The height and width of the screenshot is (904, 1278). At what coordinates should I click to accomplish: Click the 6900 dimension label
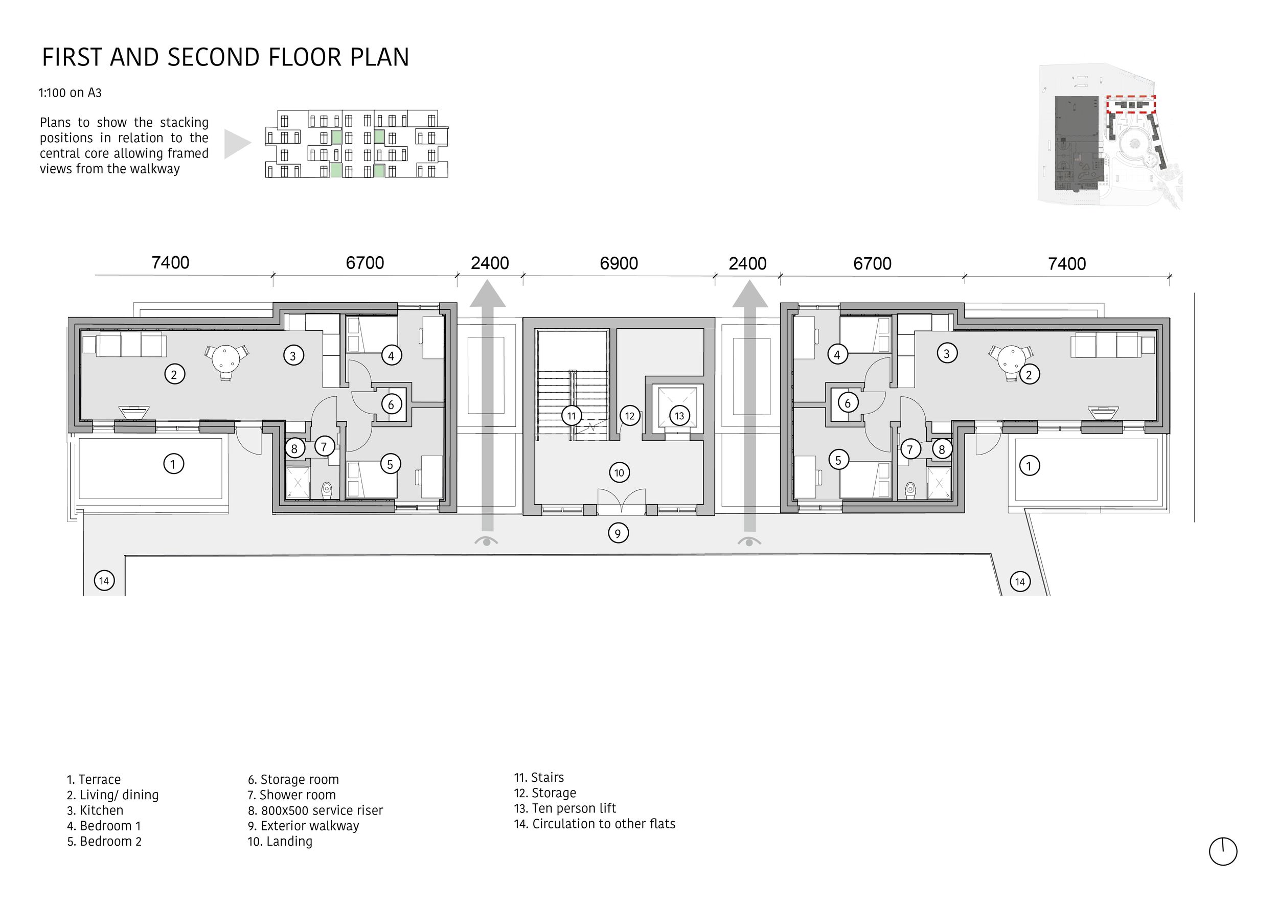[x=619, y=263]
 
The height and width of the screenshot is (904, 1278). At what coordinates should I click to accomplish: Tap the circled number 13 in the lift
[x=679, y=415]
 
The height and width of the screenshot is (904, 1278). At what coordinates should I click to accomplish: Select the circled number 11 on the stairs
[x=571, y=415]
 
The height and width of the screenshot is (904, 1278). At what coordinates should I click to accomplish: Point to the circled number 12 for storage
[x=629, y=415]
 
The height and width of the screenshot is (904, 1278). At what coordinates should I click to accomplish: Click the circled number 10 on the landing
[x=619, y=472]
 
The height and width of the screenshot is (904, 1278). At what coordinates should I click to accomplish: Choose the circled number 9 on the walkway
[x=618, y=533]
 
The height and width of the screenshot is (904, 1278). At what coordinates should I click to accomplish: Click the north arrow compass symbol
[x=1223, y=851]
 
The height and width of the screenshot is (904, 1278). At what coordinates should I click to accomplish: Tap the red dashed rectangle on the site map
[x=1130, y=104]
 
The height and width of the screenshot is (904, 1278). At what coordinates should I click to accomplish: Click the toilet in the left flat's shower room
[x=327, y=489]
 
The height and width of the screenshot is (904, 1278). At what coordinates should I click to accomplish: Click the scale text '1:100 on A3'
[x=70, y=93]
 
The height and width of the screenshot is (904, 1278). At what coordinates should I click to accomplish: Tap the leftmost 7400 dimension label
[x=170, y=262]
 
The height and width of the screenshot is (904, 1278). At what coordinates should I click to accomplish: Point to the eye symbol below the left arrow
[x=487, y=541]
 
